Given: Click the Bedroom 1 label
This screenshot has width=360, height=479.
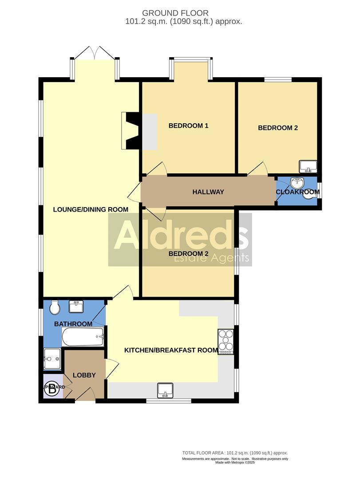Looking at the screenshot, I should point(188,126).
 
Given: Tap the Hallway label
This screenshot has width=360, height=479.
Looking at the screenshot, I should point(208,192).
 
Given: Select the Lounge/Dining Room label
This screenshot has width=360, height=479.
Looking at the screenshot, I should point(91,209).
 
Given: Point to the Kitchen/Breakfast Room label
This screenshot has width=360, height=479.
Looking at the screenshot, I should point(171,350).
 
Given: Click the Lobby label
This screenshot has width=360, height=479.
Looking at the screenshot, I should point(84,375).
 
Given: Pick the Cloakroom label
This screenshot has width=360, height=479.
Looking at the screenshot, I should point(297,192).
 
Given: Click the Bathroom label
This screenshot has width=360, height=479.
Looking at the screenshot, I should point(73,324).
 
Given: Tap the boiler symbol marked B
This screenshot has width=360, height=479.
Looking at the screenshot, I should point(53,387).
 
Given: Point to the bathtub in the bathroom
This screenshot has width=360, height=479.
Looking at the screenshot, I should point(83,338).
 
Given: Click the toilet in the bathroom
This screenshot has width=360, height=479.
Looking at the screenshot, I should point(54,306).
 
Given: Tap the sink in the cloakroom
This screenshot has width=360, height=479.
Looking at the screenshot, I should point(296,183).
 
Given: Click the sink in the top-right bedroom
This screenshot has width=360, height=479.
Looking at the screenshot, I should point(308,167).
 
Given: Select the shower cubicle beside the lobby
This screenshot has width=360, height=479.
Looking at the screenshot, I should point(53,358).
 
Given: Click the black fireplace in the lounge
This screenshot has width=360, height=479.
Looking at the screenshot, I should point(132,130).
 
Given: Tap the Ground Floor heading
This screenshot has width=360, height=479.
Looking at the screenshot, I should point(180,13).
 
